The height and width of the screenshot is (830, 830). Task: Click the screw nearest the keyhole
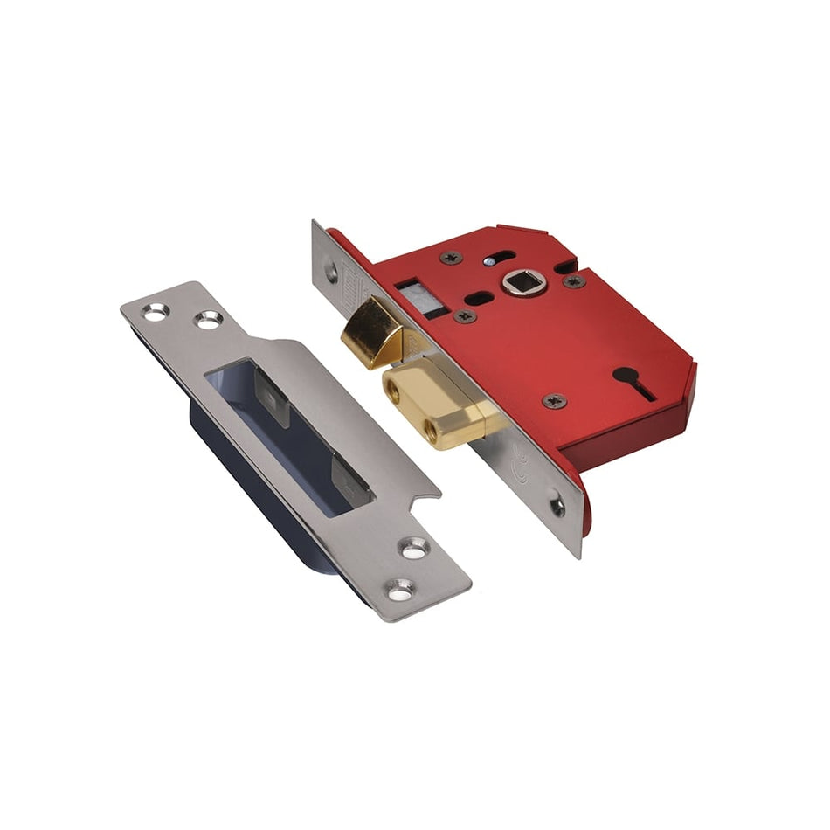[552, 401]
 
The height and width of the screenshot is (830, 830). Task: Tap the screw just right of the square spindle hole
[574, 281]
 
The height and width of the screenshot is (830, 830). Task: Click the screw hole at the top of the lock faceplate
[331, 272]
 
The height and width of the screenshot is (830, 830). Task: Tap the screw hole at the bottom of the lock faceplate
[557, 505]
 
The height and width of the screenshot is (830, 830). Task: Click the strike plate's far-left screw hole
[155, 311]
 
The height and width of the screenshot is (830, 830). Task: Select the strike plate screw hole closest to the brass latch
[208, 320]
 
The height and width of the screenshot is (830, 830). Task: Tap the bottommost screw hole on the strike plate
[401, 591]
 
